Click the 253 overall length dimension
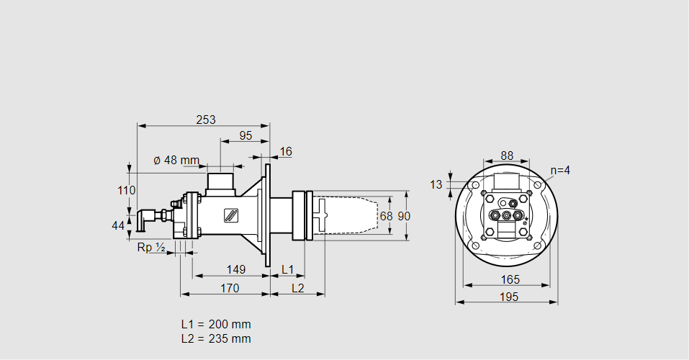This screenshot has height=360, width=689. coord(205,120)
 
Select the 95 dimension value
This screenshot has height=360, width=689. coord(246,135)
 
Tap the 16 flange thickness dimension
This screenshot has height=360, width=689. coord(286,151)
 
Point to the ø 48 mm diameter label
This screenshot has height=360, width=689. coord(176,160)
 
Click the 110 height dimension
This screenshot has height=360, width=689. coord(126,191)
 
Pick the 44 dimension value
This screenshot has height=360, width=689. coord(118,226)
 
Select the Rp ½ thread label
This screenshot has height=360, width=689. coord(151,247)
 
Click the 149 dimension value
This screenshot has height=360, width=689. coord(235,269)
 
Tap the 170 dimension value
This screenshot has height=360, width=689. coord(230,288)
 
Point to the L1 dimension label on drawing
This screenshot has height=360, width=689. coord(287,269)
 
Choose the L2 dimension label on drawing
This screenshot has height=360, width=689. coord(298,288)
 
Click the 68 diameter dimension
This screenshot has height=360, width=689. coord(386,216)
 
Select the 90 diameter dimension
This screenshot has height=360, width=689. coord(404,216)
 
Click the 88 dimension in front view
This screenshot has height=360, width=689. coord(507,156)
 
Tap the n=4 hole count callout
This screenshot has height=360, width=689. coord(559,171)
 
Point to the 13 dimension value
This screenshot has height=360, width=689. coord(436,184)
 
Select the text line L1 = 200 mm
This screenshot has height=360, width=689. coord(215,324)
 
